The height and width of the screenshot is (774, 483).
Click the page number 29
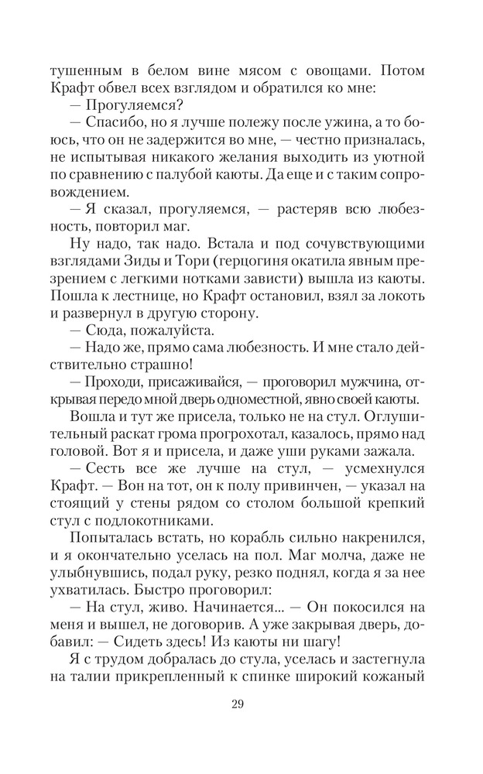[x=241, y=704]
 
